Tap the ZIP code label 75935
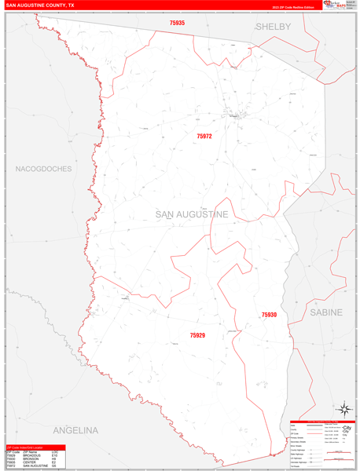[x=177, y=24]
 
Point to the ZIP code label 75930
[x=269, y=315]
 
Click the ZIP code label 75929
[x=197, y=335]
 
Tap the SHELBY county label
[x=273, y=27]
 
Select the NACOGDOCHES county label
[x=43, y=169]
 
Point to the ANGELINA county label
[x=75, y=430]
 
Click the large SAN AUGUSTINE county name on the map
[x=192, y=214]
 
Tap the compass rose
[x=343, y=408]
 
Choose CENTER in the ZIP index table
[x=29, y=462]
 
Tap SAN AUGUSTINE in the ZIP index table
[x=35, y=466]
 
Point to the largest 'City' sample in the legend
[x=346, y=429]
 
